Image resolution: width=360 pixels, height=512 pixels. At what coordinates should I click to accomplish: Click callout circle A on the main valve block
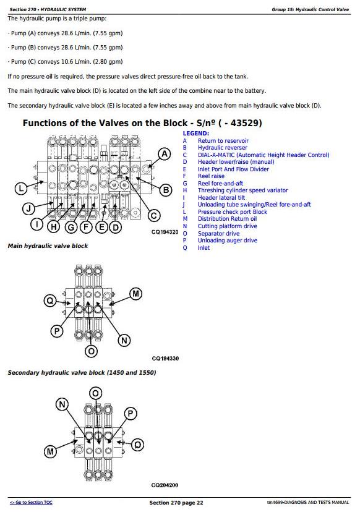pyautogui.click(x=165, y=154)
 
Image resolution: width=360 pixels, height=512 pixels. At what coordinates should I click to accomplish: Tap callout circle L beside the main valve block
pyautogui.click(x=21, y=189)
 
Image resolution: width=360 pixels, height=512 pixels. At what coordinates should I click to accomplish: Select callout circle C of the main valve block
pyautogui.click(x=153, y=216)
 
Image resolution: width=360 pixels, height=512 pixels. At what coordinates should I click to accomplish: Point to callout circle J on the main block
pyautogui.click(x=28, y=208)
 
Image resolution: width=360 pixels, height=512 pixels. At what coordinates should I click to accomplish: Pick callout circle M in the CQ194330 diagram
pyautogui.click(x=135, y=294)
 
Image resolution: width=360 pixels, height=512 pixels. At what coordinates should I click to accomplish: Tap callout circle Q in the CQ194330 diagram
pyautogui.click(x=50, y=301)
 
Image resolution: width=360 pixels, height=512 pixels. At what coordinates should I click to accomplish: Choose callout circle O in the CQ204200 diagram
pyautogui.click(x=95, y=393)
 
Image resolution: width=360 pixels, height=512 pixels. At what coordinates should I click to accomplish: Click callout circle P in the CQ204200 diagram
pyautogui.click(x=130, y=414)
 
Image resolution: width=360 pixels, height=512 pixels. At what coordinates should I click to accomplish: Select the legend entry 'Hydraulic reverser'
pyautogui.click(x=223, y=148)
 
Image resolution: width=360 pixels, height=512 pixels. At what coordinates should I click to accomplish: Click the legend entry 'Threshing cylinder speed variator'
pyautogui.click(x=242, y=190)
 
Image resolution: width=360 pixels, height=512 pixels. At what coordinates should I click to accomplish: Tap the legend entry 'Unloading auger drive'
pyautogui.click(x=228, y=241)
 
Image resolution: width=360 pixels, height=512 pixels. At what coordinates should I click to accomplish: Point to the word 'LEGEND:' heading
pyautogui.click(x=195, y=133)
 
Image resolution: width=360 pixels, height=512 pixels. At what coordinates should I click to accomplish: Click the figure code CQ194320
pyautogui.click(x=165, y=232)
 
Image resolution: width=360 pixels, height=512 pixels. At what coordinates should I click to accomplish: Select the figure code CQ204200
pyautogui.click(x=165, y=485)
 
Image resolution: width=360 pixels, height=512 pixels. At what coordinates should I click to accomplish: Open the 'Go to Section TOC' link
pyautogui.click(x=31, y=503)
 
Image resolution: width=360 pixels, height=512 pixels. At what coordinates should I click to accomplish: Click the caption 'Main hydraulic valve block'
pyautogui.click(x=48, y=246)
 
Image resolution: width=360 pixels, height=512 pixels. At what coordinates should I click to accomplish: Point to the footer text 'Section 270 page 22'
pyautogui.click(x=176, y=503)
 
